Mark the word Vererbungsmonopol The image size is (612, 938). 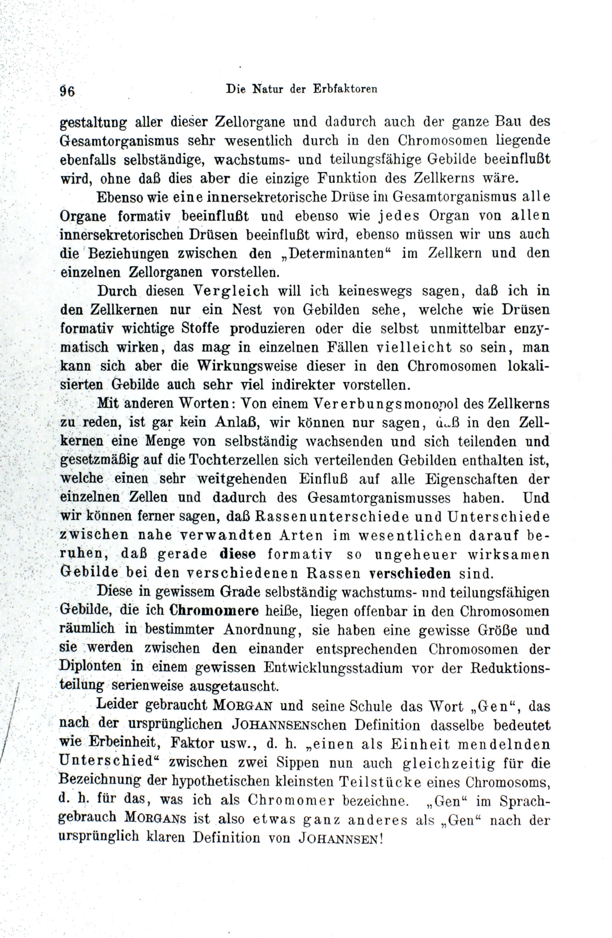pos(385,404)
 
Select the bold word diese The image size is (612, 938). pos(238,555)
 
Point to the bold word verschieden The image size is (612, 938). pos(411,574)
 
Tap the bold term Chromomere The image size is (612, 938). pos(214,611)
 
